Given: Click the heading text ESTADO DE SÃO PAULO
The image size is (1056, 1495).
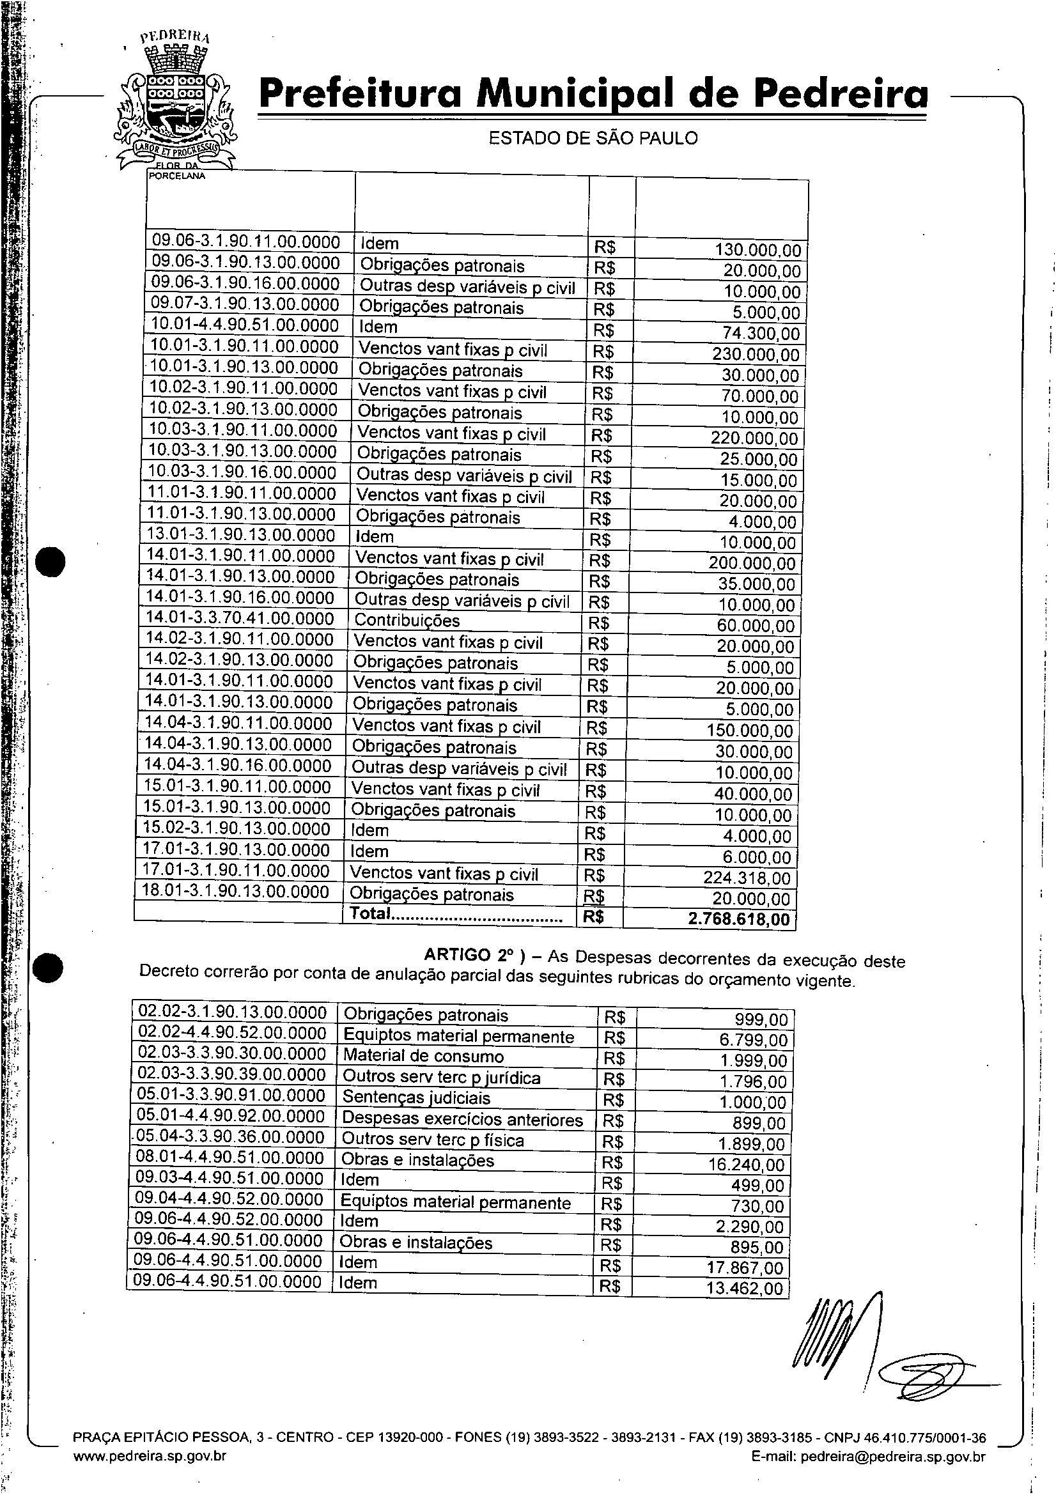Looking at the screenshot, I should tap(593, 138).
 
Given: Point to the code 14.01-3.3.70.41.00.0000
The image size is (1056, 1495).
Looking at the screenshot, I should tap(240, 619).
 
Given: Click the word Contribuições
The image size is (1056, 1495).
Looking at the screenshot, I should tap(407, 621).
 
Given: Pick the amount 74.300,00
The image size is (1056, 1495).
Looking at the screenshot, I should tap(761, 334).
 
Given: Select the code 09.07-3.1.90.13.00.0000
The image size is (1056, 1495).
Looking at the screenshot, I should tap(245, 305).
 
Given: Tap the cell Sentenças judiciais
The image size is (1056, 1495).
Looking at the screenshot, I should tap(417, 1098).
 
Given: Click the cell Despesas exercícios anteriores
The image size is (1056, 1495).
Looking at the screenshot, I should tap(462, 1119).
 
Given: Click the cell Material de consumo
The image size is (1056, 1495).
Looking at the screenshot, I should tap(423, 1056).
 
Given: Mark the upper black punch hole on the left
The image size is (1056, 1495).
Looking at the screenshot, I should tap(50, 562).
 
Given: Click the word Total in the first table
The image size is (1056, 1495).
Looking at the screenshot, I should tap(369, 913).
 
